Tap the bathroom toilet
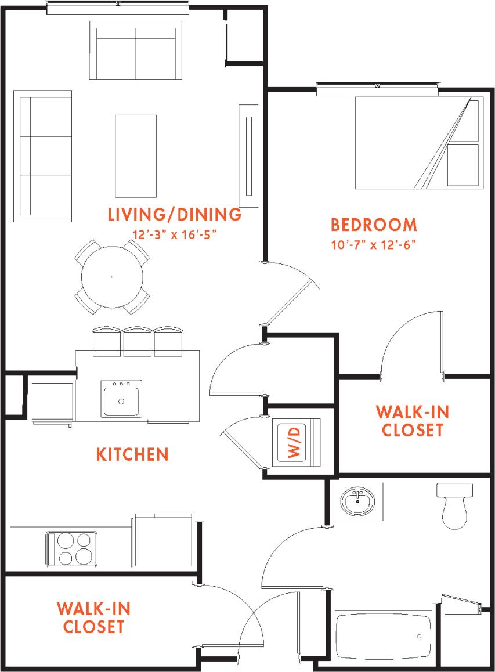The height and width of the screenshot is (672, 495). tap(454, 506)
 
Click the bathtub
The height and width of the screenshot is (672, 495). tap(383, 635)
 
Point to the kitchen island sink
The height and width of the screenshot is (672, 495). tap(121, 399)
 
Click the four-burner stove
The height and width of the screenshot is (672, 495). tap(71, 548)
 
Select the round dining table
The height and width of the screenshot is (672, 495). tap(112, 277)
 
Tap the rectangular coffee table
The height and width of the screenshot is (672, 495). tap(136, 156)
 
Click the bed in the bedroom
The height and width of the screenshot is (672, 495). tap(418, 143)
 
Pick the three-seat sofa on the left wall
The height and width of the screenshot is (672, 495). tap(43, 156)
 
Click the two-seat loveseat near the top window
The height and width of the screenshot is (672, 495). tap(136, 50)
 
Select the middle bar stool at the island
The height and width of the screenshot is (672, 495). tap(138, 341)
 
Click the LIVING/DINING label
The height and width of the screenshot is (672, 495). tap(175, 215)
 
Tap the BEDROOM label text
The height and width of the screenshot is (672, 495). tap(374, 225)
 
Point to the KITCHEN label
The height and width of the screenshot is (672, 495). tap(132, 454)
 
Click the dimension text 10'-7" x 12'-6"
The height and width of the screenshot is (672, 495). tap(374, 244)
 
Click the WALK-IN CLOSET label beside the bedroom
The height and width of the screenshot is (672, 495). tap(413, 421)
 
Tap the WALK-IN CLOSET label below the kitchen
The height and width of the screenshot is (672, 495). tap(93, 617)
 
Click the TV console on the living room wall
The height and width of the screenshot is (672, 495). tap(248, 156)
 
